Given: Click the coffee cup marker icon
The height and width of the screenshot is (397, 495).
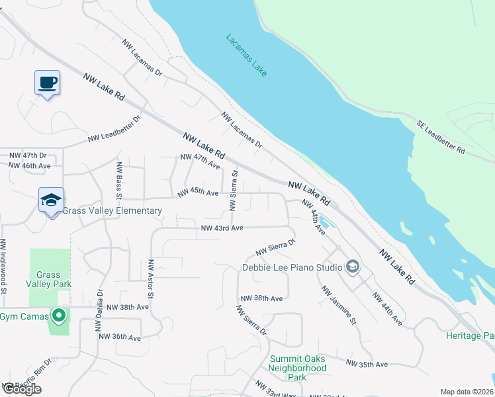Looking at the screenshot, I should click(47, 83).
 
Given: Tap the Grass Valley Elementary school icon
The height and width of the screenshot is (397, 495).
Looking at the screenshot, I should click(51, 200).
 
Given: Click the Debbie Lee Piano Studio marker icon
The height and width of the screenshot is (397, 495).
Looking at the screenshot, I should click(353, 267).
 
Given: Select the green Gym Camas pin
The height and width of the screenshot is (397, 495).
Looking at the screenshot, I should click(59, 316).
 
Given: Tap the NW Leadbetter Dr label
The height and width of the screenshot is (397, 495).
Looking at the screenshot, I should click(114, 130).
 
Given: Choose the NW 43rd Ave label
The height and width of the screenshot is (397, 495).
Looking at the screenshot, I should click(222, 228).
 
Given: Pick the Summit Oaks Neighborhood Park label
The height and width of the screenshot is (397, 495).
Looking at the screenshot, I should click(297, 368).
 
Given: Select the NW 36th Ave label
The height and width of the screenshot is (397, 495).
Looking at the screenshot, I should click(120, 337).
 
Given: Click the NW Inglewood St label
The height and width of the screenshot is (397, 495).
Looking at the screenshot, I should click(3, 265).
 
